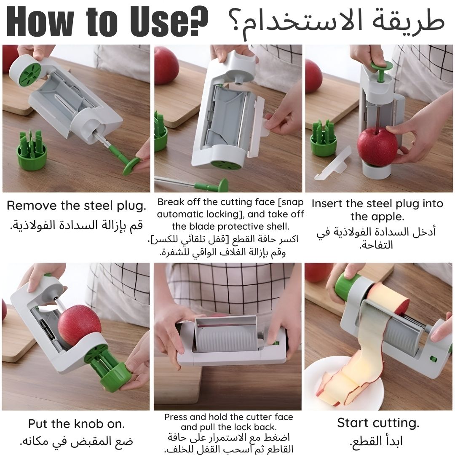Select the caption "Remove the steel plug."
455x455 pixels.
coord(76,206)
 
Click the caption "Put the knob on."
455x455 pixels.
coord(77,424)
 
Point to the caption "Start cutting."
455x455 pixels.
coord(378,423)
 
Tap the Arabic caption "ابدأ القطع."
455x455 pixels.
coord(376,442)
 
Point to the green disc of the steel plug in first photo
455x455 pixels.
coord(131,166)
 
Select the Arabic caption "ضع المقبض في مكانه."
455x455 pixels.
coord(76,442)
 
